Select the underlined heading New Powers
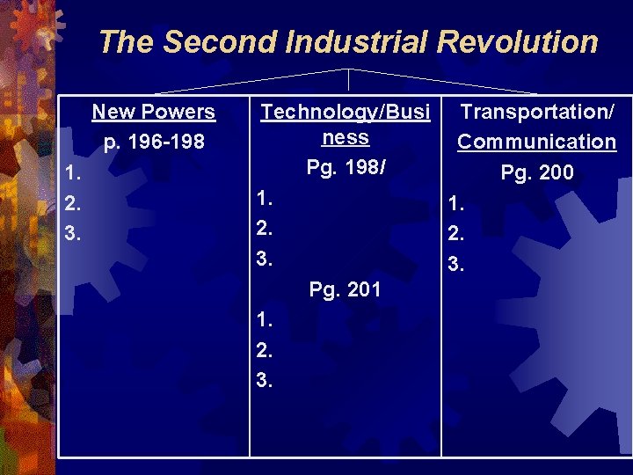coord(154,112)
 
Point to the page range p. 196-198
coord(154,142)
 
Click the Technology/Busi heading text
coord(346,112)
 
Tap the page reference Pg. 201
coord(346,289)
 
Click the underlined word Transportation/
coord(537,112)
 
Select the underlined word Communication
coord(536,142)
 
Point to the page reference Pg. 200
coord(537,172)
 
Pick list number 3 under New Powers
coord(71,235)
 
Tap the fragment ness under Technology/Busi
coord(346,138)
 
